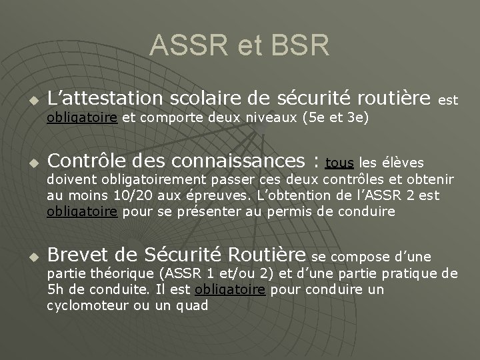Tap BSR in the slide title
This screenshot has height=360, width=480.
click(x=299, y=46)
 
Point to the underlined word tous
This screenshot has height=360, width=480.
click(x=339, y=162)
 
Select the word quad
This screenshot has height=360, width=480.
click(x=193, y=305)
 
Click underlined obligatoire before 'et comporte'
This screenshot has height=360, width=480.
click(x=82, y=119)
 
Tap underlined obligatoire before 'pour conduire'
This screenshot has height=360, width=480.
click(x=230, y=290)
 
